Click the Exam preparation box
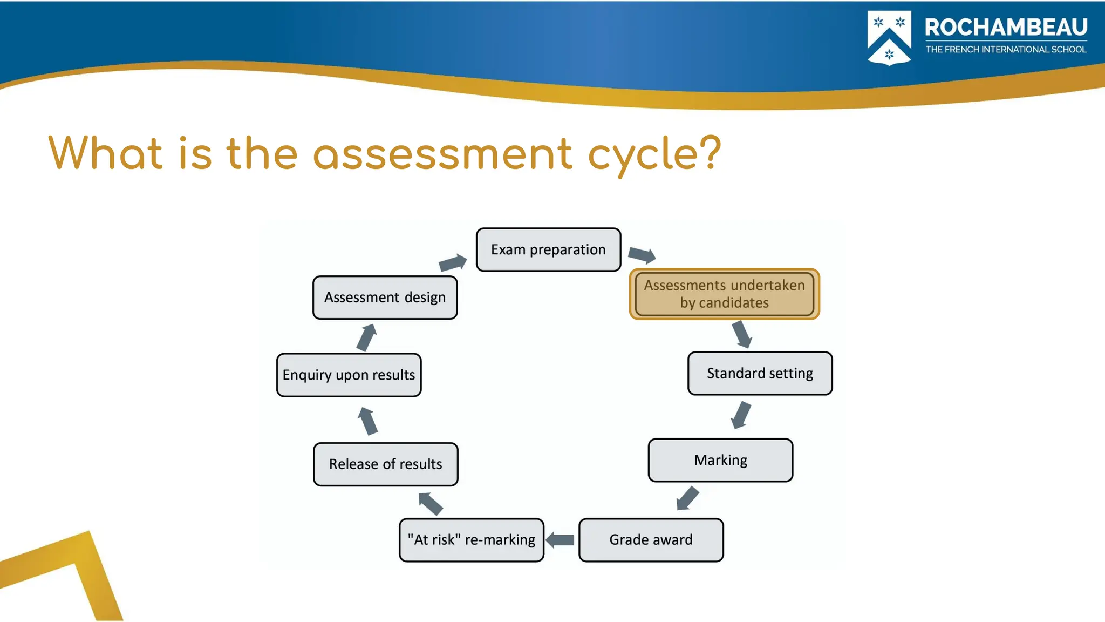[548, 249]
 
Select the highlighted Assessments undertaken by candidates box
[724, 294]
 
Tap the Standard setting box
[760, 373]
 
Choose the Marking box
[720, 460]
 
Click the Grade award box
[651, 539]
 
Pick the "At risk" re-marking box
[471, 539]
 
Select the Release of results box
[385, 464]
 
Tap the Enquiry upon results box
[349, 375]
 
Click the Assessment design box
[385, 298]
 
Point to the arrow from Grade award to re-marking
[560, 539]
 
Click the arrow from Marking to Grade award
[687, 498]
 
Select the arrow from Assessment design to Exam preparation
[453, 262]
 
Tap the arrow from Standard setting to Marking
[741, 415]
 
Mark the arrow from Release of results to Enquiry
[367, 421]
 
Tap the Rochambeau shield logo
[889, 38]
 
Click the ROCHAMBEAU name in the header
[1006, 27]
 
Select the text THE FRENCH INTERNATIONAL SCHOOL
[1006, 49]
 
